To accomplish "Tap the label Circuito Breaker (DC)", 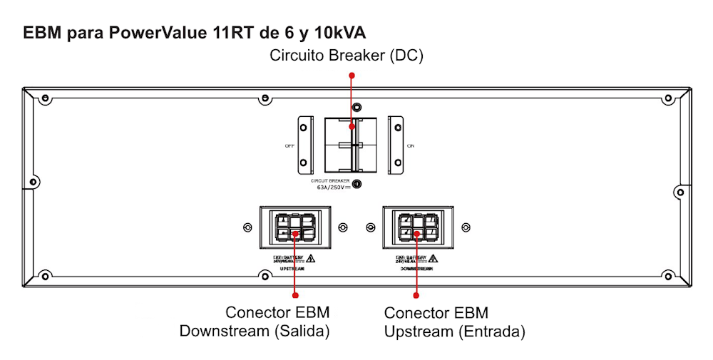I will pos(346,56).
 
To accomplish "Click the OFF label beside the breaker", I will pos(289,145).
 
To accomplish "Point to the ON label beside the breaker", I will pos(410,145).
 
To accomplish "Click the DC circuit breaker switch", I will pos(349,145).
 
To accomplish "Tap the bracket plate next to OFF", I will pos(304,145).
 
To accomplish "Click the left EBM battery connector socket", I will pos(295,227).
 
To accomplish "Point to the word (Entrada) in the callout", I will pos(492,331).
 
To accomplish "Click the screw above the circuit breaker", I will pos(358,106).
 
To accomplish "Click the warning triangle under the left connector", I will pos(311,258).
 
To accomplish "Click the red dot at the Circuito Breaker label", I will pos(351,74).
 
